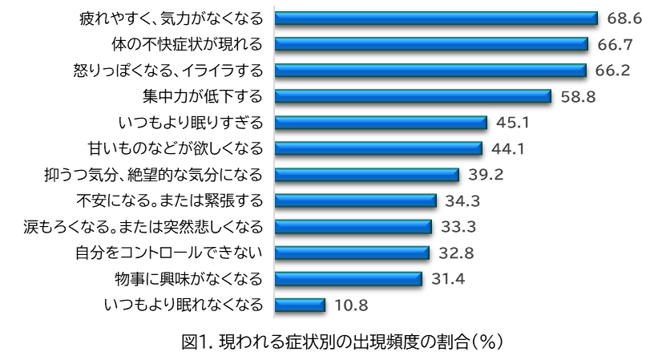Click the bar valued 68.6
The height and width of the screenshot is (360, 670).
437,18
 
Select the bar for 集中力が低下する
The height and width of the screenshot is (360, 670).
414,96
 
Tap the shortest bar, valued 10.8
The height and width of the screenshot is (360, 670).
301,305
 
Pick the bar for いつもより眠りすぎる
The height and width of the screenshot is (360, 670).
381,123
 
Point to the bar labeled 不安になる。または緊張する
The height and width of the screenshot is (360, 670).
356,200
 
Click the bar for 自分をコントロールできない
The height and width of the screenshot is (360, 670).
353,253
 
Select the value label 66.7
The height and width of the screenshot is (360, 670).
611,44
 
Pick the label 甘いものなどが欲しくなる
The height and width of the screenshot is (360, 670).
174,148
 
